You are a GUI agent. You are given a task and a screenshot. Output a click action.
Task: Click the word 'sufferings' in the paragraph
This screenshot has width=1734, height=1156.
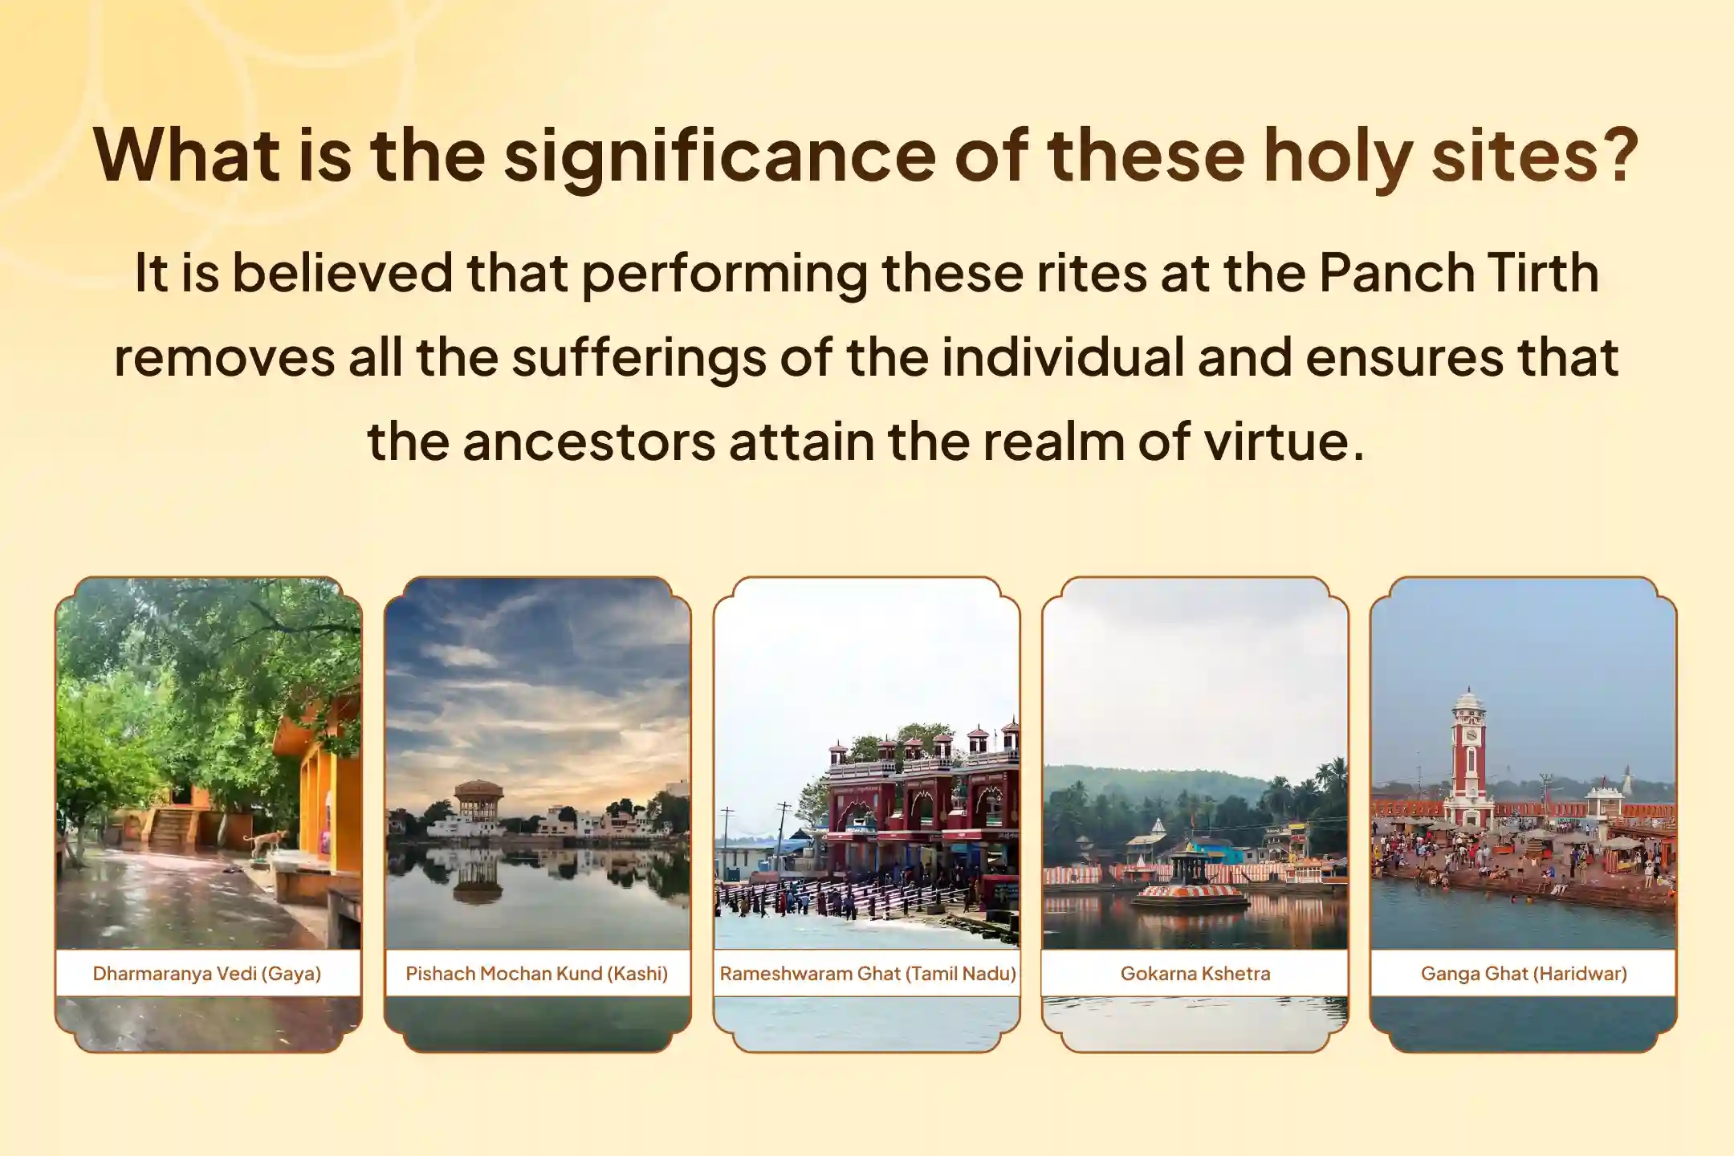pyautogui.click(x=638, y=358)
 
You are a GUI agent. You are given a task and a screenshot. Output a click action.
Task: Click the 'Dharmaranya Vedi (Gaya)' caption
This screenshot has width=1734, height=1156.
pyautogui.click(x=207, y=974)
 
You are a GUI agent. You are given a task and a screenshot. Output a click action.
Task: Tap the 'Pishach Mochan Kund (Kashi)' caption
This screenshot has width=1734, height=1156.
pyautogui.click(x=537, y=974)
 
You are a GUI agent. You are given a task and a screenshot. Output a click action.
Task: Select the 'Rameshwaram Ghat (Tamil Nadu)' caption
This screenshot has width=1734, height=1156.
pyautogui.click(x=868, y=974)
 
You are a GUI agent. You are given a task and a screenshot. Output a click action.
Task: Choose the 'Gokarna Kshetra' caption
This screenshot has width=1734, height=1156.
pyautogui.click(x=1195, y=974)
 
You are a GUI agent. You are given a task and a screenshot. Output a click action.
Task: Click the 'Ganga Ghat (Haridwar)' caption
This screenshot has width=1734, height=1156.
pyautogui.click(x=1524, y=974)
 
